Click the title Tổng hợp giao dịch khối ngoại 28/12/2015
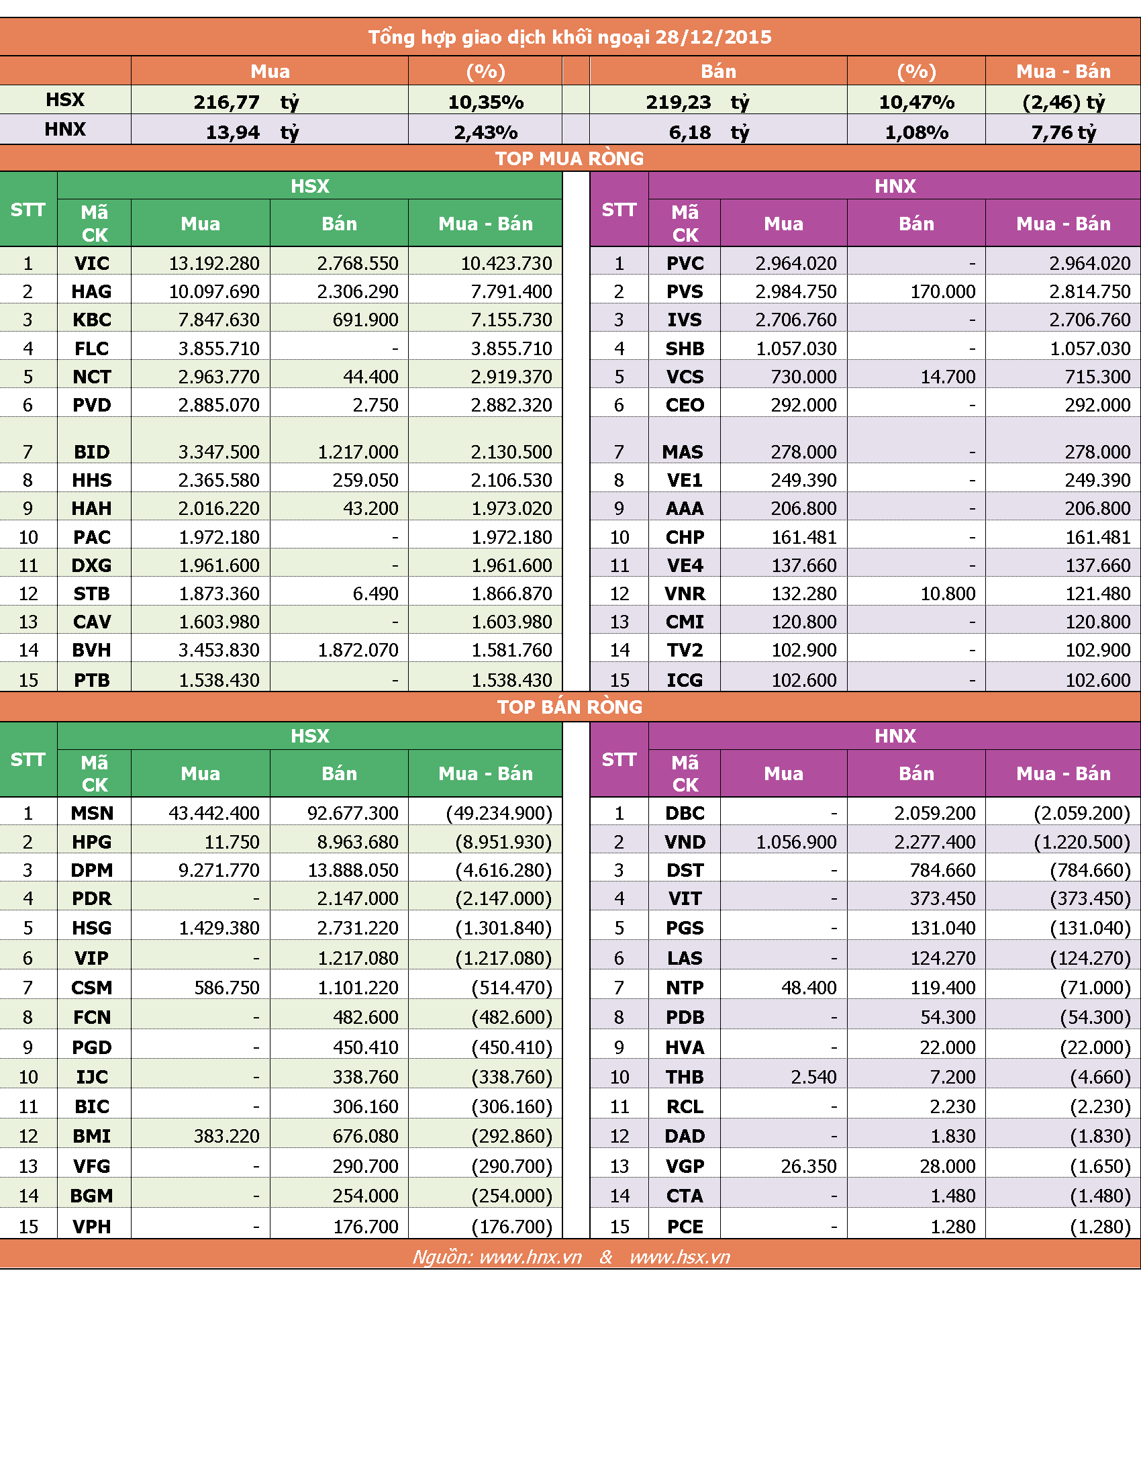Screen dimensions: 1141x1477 [570, 37]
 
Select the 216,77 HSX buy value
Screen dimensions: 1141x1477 [226, 102]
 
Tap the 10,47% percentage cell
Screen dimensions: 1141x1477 [917, 102]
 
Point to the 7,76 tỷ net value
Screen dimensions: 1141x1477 [1063, 132]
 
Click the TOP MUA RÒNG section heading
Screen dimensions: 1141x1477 [570, 158]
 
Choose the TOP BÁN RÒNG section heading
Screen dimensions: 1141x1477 [570, 707]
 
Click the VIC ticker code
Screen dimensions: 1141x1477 [92, 263]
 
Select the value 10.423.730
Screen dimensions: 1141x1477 [506, 263]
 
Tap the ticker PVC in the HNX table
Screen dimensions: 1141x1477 [685, 263]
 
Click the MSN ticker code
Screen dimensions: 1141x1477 [92, 813]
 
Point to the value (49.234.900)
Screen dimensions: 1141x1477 [499, 813]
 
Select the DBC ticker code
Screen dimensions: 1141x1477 [685, 813]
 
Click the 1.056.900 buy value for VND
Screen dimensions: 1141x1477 [796, 842]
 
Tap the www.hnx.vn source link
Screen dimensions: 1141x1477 [531, 1257]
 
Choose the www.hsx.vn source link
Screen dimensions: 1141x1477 [680, 1257]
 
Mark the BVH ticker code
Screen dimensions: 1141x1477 [92, 650]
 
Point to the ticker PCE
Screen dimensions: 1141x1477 [685, 1226]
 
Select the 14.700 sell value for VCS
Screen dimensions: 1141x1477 [948, 377]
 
